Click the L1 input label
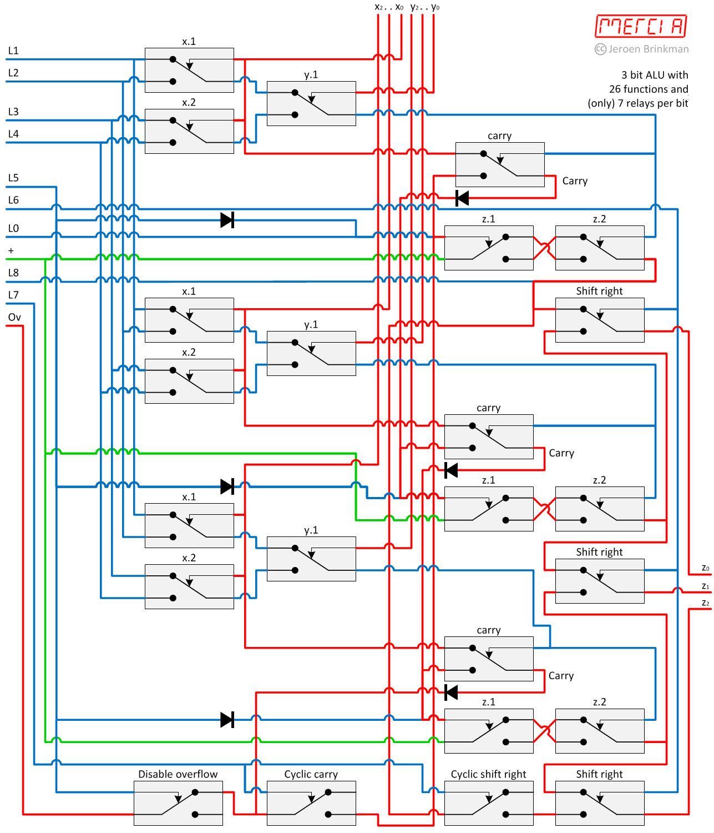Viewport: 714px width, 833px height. click(x=13, y=51)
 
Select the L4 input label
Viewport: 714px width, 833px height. click(x=13, y=134)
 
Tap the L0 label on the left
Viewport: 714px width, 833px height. click(x=13, y=228)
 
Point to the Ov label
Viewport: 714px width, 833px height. click(x=14, y=317)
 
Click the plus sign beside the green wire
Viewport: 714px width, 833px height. click(x=11, y=251)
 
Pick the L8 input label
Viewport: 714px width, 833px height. click(x=13, y=273)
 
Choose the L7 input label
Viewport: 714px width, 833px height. click(x=13, y=295)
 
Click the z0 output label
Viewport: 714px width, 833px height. click(x=705, y=568)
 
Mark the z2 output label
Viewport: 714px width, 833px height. click(x=705, y=603)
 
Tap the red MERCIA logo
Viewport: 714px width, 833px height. click(x=641, y=26)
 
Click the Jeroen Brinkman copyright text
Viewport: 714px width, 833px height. click(x=642, y=49)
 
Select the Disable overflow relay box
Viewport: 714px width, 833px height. click(x=178, y=803)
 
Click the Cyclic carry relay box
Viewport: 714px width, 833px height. click(x=311, y=803)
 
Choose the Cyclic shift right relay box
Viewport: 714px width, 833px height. click(x=489, y=803)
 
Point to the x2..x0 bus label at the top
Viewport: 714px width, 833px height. click(x=389, y=7)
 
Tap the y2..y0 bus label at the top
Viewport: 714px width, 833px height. click(x=425, y=7)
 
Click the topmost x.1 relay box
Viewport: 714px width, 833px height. click(x=189, y=70)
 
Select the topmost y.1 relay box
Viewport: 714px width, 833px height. click(x=311, y=103)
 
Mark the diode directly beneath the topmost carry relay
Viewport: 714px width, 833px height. click(x=462, y=198)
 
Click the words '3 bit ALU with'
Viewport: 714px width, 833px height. click(x=655, y=75)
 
